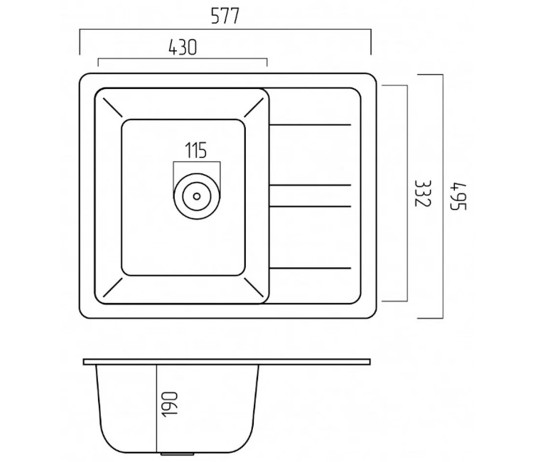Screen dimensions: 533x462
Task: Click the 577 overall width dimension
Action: tap(225, 16)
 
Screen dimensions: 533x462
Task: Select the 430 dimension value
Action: tap(183, 47)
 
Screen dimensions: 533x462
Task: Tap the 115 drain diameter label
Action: tap(196, 150)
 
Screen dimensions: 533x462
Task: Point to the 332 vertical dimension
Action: tap(423, 193)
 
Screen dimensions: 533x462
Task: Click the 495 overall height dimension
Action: tap(458, 196)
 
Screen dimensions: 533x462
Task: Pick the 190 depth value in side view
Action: tap(169, 404)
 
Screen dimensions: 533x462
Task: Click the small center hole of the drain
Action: tap(196, 196)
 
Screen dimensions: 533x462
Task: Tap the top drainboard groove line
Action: tap(310, 125)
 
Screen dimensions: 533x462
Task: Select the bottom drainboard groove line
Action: tap(310, 268)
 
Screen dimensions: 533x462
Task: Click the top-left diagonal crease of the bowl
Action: tap(112, 107)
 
